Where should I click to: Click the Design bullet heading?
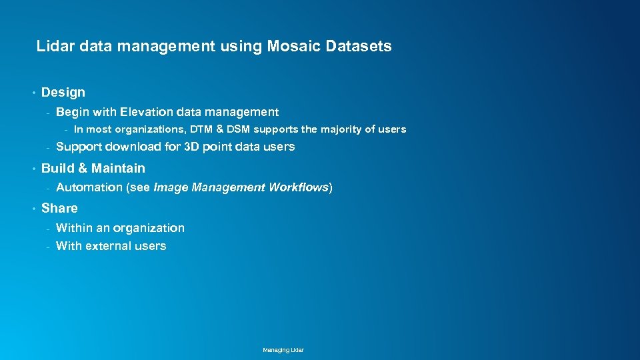(x=63, y=92)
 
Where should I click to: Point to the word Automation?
(x=89, y=187)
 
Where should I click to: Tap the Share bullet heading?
(x=59, y=208)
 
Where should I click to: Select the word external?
(x=109, y=246)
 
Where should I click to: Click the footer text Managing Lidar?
(x=283, y=350)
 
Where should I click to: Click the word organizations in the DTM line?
(x=149, y=129)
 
